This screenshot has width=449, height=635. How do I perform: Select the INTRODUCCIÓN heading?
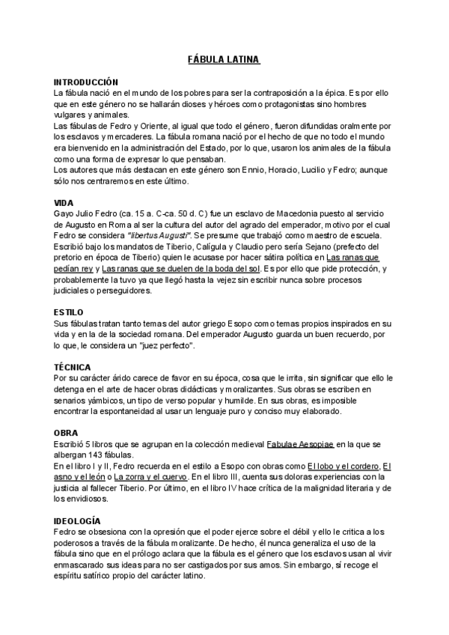pos(86,81)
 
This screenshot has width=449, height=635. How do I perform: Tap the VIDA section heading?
pos(64,203)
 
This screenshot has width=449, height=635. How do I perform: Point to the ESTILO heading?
pos(69,312)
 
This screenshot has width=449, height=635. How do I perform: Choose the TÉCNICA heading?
pos(73,367)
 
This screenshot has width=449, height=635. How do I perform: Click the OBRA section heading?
pos(67,433)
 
